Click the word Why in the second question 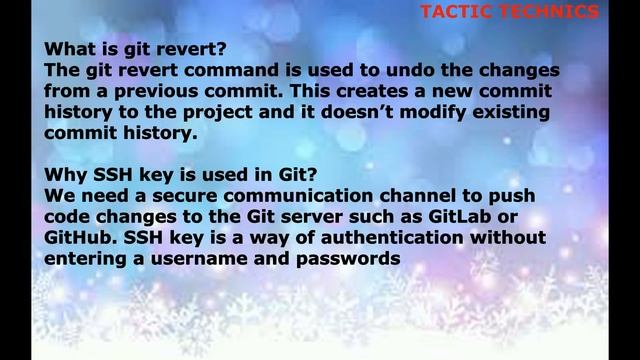coord(66,174)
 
